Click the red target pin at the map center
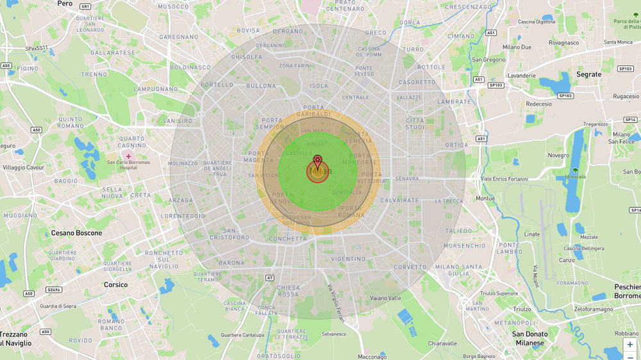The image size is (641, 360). pos(317,160)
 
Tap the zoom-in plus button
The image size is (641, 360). pos(630,345)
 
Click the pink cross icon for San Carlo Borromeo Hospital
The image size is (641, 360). pos(128,156)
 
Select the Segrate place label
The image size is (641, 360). pos(588,74)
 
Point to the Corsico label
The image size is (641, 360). pos(115,284)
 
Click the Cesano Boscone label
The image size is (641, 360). pos(76,233)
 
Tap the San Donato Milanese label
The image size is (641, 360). pos(529,338)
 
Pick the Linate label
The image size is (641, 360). pos(532,234)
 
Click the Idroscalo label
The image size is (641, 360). pos(576,177)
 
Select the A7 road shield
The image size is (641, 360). pos(270,277)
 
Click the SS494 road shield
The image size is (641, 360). pos(54,290)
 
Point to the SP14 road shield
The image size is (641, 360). pos(630,120)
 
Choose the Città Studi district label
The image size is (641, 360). pos(415,124)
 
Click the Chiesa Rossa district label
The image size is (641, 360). pos(288,291)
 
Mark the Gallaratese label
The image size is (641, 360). pos(112,53)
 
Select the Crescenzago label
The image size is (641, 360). pos(467,7)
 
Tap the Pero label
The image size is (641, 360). pos(65,4)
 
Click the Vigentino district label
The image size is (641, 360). pos(348,259)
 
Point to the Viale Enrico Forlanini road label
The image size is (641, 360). pos(512,179)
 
